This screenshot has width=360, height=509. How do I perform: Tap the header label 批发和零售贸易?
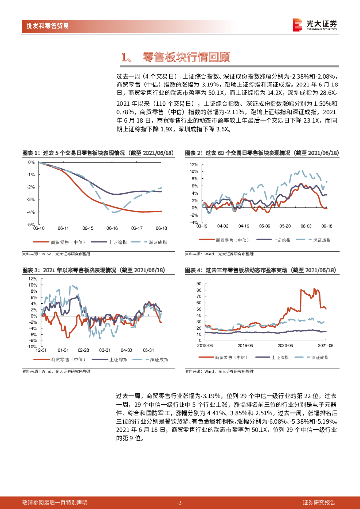(x=48, y=26)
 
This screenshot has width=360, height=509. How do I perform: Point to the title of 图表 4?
(x=260, y=270)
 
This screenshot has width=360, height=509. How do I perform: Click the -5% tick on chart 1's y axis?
(x=31, y=225)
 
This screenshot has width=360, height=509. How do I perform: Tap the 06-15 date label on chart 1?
(x=88, y=229)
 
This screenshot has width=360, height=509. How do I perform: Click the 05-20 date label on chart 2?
(x=285, y=226)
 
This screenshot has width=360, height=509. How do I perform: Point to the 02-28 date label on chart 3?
(x=83, y=350)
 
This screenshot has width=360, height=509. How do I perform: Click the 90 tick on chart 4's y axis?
(x=199, y=284)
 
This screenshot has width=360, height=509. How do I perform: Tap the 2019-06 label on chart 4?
(x=245, y=344)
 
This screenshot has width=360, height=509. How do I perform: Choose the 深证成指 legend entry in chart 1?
(x=158, y=242)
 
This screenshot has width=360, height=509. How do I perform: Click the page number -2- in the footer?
(x=180, y=502)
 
